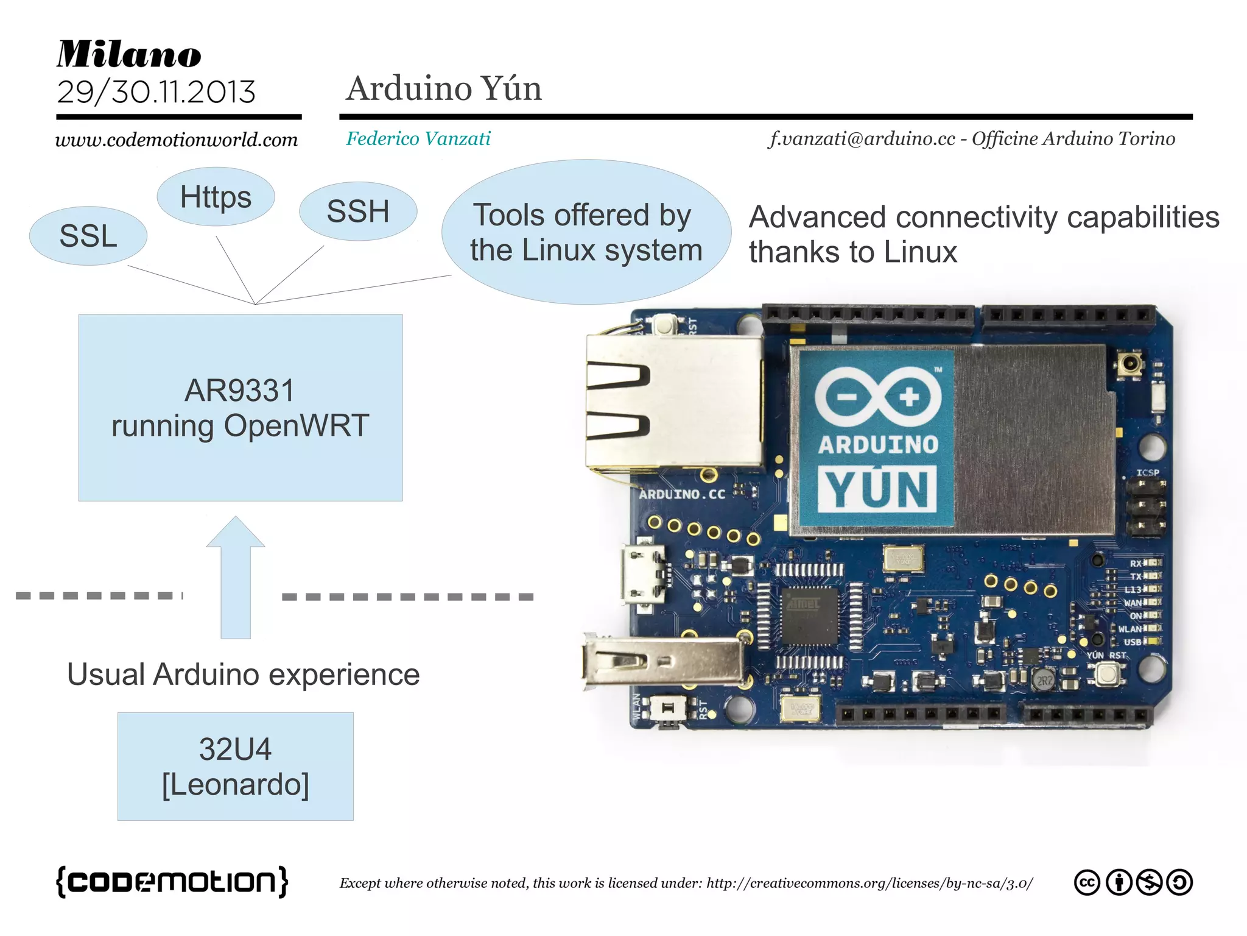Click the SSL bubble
(x=88, y=236)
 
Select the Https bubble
(x=216, y=197)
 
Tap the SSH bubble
(x=358, y=211)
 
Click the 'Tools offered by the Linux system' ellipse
(x=586, y=232)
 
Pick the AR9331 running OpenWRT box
(x=240, y=408)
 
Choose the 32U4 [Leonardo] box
(x=235, y=766)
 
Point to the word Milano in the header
(x=129, y=54)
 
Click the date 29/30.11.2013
(x=156, y=92)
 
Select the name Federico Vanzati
(x=418, y=138)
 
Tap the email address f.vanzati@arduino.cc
(x=862, y=139)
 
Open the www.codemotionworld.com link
(x=177, y=140)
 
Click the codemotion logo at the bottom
(x=172, y=881)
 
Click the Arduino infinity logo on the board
(x=877, y=397)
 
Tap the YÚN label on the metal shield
(x=877, y=489)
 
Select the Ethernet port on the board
(x=673, y=402)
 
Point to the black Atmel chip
(x=809, y=616)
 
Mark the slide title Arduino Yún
(x=444, y=88)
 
